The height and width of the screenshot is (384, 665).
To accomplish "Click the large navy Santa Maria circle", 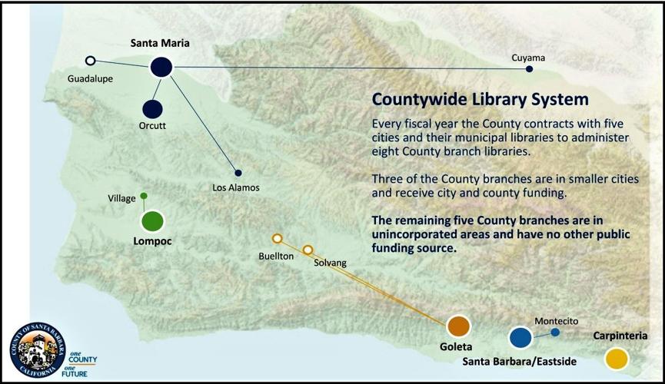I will coord(161,68).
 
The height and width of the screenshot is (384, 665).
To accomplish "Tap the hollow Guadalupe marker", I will coord(91,60).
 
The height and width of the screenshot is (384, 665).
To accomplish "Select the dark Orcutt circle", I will coord(152,109).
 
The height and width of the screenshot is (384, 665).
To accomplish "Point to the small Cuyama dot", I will coord(529,69).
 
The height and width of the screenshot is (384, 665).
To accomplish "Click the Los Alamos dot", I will coord(238,173).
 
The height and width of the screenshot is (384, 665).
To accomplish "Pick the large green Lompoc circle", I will coord(153,221).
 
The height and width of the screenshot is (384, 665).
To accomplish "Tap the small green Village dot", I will coord(144,196).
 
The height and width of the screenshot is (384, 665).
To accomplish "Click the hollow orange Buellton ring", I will coord(278,238).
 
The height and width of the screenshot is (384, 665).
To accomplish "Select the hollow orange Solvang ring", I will coord(308,250).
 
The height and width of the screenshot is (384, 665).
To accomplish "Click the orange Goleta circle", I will coord(458,326).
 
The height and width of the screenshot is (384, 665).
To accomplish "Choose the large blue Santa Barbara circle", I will coord(520,336).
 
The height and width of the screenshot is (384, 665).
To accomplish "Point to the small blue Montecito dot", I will coord(555,333).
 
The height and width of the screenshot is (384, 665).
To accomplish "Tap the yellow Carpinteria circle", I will coord(616,358).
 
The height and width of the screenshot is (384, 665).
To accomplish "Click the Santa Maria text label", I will coord(160,43).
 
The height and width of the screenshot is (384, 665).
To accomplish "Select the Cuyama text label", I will coord(529,58).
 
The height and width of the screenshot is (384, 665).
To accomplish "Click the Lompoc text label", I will coord(151,241).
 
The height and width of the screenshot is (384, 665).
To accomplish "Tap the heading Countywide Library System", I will coord(480,100).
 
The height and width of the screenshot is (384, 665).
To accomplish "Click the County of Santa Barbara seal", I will coord(38,349).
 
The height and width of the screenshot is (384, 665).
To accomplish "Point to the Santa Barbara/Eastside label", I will coord(519,361).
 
